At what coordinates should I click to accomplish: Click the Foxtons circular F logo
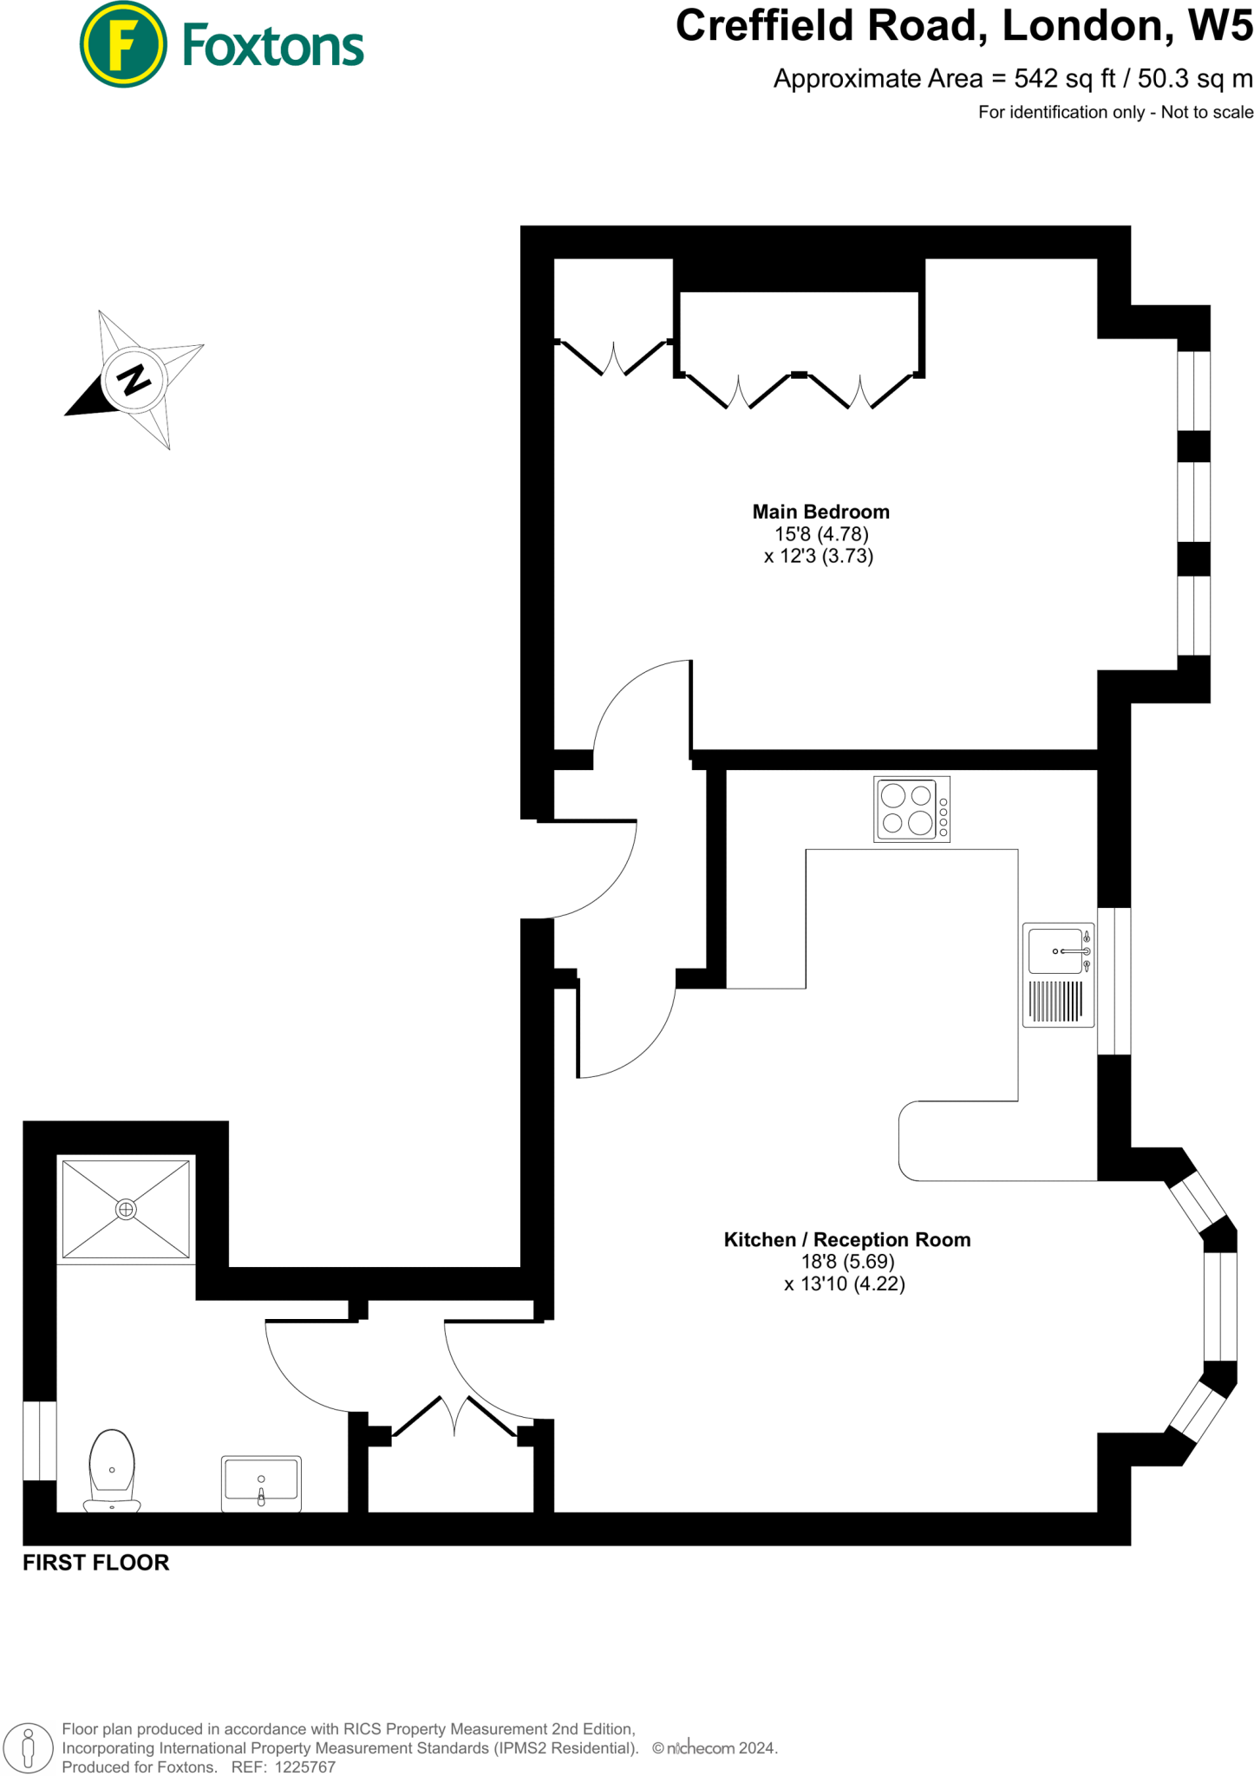pos(123,45)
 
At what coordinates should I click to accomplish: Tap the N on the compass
pos(134,380)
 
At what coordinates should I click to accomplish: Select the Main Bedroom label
pos(820,512)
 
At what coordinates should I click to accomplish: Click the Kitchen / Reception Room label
pos(846,1240)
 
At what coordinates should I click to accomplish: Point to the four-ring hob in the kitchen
pos(911,809)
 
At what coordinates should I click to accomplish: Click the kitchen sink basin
pos(1055,951)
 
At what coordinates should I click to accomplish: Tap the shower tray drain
pos(126,1209)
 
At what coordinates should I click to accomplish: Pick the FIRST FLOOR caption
pos(95,1563)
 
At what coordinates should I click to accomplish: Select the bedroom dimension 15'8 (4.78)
pos(821,534)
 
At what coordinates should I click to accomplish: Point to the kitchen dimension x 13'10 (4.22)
pos(845,1284)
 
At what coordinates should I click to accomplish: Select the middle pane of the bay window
pos(1219,1307)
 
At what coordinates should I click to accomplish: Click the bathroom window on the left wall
pos(40,1440)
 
